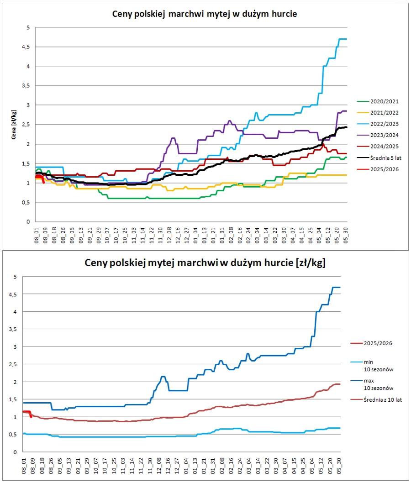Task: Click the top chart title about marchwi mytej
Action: pyautogui.click(x=205, y=14)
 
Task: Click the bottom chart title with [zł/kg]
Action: pyautogui.click(x=205, y=263)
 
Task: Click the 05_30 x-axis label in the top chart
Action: pyautogui.click(x=345, y=237)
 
